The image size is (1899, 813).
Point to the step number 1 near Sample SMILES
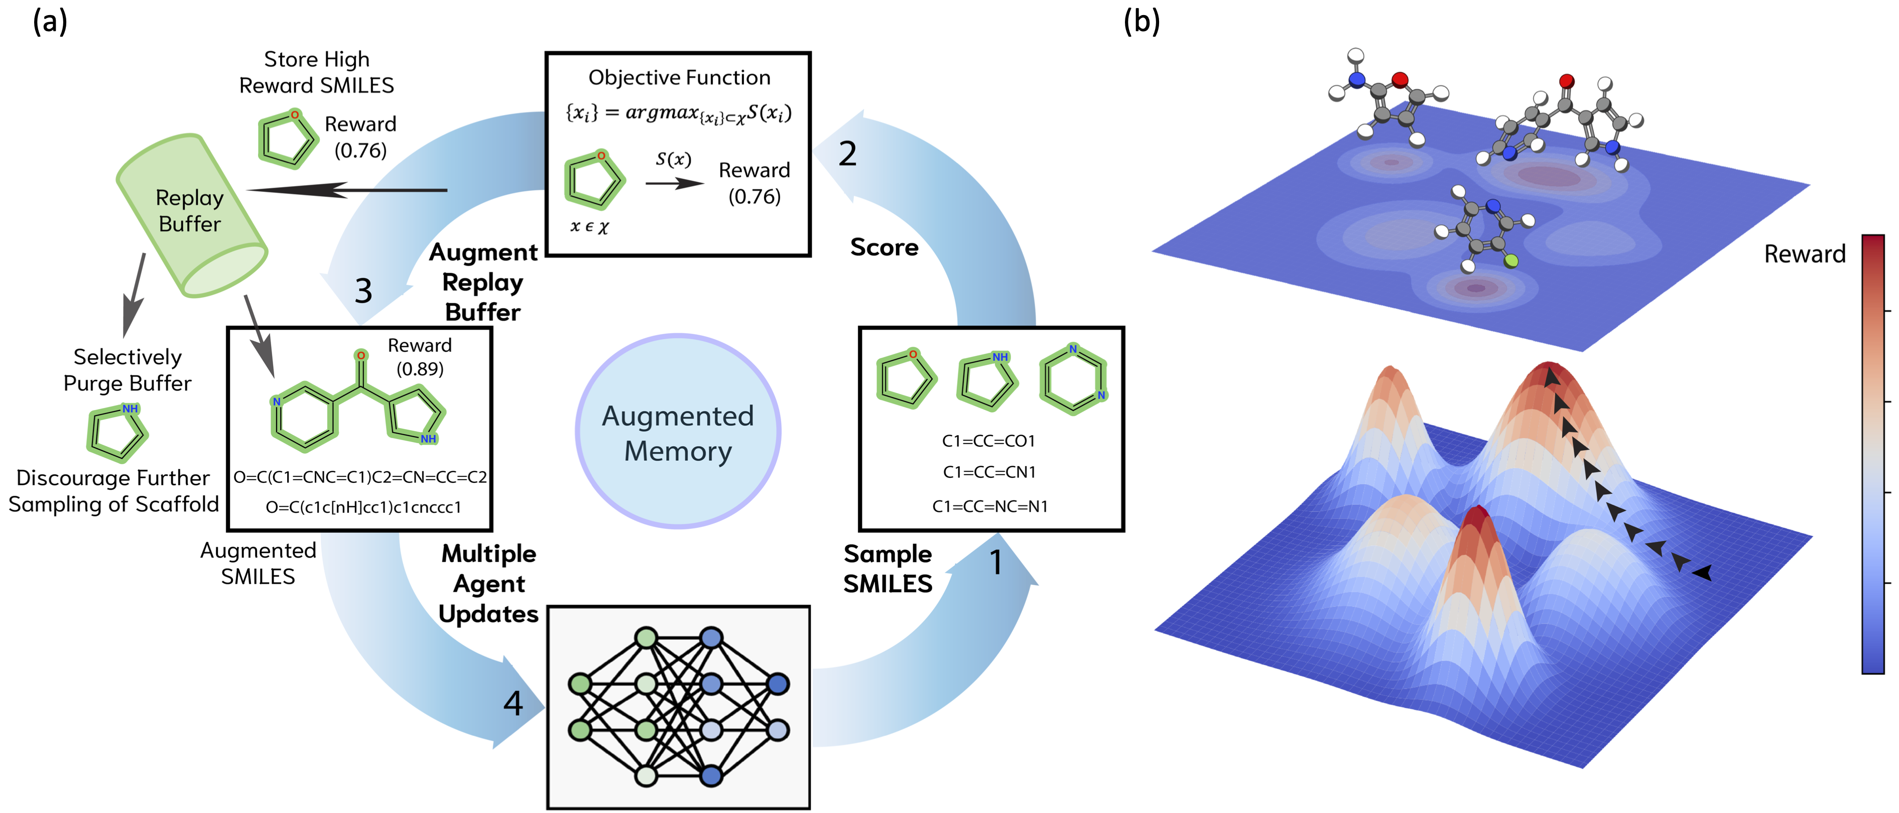[x=996, y=563]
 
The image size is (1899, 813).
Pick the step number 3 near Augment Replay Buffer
[x=363, y=291]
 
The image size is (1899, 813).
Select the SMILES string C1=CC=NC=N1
[x=989, y=506]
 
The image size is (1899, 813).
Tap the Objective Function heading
[x=679, y=77]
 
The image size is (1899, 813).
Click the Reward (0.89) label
[x=420, y=357]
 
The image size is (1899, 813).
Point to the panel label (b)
[x=1141, y=22]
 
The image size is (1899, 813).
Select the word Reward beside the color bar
[x=1804, y=254]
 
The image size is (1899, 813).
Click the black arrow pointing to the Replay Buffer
[x=346, y=190]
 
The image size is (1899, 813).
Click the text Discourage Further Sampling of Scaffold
[x=113, y=491]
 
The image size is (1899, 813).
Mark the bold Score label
[x=884, y=247]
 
